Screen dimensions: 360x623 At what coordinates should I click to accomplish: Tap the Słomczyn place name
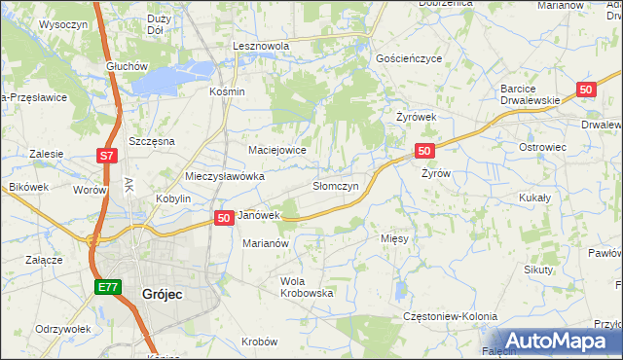click(x=336, y=185)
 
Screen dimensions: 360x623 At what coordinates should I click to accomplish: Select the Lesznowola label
click(x=263, y=46)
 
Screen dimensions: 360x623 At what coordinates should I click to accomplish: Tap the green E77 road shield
click(x=106, y=288)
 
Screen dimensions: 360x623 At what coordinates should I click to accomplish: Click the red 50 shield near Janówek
click(x=223, y=218)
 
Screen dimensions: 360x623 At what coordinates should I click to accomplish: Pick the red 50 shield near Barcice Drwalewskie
click(x=585, y=90)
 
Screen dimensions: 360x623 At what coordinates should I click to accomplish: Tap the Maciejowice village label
click(x=277, y=150)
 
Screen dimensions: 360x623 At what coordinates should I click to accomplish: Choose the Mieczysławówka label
click(x=225, y=176)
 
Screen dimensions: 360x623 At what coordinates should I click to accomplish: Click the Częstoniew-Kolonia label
click(x=450, y=317)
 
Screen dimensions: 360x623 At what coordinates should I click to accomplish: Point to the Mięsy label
click(x=395, y=237)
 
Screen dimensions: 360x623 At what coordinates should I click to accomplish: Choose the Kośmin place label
click(x=227, y=91)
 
